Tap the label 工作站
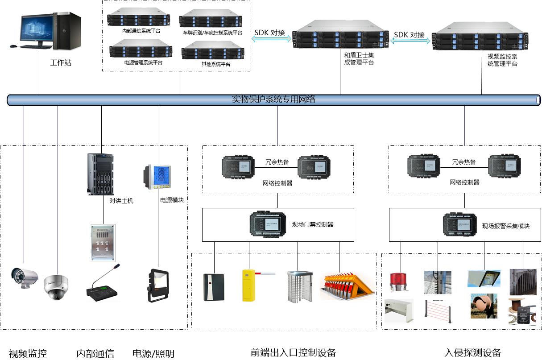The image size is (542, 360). (x=61, y=62)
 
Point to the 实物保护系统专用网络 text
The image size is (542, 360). (x=273, y=99)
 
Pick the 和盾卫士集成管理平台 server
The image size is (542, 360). (x=340, y=35)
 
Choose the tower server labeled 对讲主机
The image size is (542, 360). (x=101, y=174)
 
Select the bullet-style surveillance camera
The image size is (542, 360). (x=24, y=277)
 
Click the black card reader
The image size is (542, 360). (x=214, y=287)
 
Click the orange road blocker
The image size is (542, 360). (x=347, y=286)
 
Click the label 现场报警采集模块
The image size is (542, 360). (x=505, y=226)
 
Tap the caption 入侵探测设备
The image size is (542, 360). (x=473, y=353)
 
